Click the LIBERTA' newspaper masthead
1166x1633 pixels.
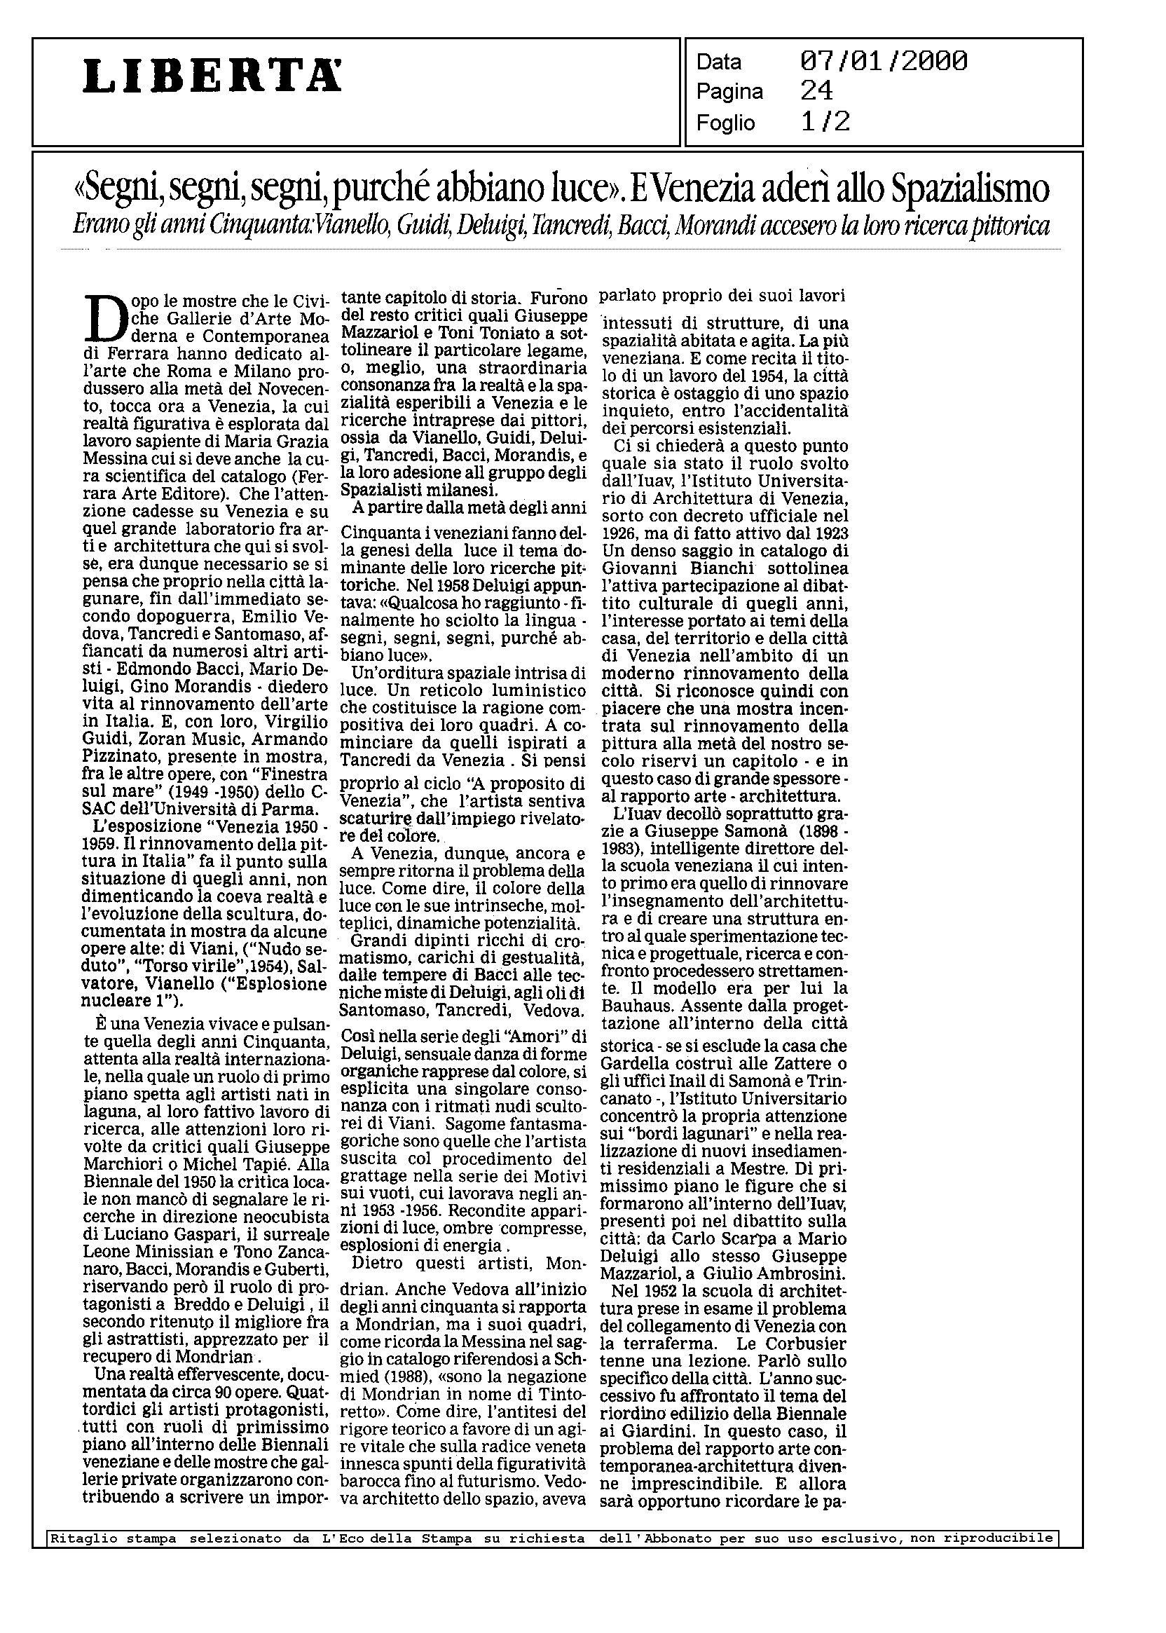tap(212, 76)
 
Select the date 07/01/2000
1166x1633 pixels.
tap(883, 62)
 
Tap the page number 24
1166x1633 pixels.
tap(816, 91)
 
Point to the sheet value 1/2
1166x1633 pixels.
tap(825, 122)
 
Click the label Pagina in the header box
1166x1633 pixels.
tap(729, 92)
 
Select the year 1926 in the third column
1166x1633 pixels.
tap(619, 533)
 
